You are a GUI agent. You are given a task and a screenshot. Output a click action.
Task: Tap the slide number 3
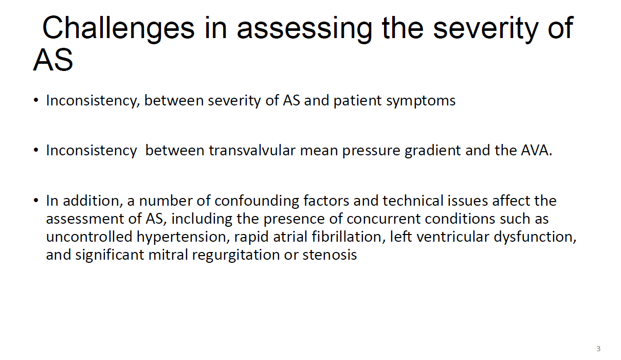coord(598,349)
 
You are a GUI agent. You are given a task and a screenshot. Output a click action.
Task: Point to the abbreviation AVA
coord(537,151)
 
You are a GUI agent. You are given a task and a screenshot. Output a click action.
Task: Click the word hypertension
coord(183,237)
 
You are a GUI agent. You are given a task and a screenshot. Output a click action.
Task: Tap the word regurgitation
coord(235,255)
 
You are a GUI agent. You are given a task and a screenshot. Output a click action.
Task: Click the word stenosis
coord(330,255)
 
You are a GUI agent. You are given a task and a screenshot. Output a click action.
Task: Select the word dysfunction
coord(535,237)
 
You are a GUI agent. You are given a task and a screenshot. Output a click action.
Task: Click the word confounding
coord(257,201)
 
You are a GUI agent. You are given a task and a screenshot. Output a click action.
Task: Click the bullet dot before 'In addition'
coord(36,200)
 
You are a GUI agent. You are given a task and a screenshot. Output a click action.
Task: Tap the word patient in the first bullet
coord(357,101)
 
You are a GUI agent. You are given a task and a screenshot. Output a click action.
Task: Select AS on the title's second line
coord(53,60)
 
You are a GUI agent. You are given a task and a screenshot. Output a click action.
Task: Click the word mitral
coord(168,255)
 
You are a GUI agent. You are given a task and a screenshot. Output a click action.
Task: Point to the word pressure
coord(371,151)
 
